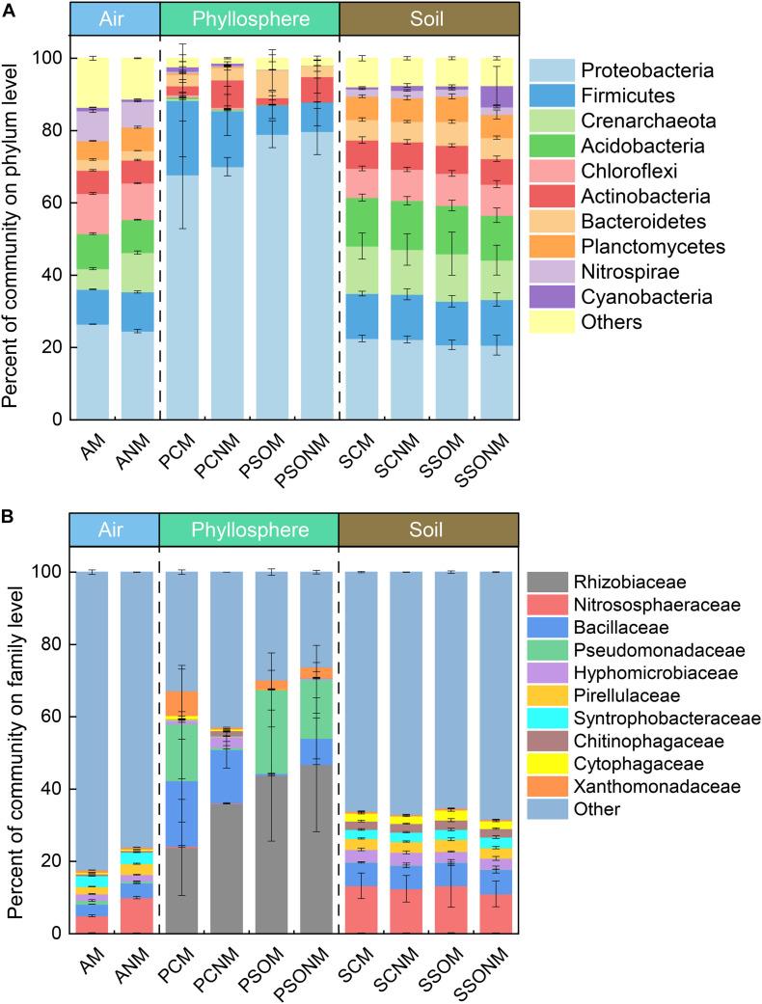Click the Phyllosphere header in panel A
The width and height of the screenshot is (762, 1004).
click(x=248, y=18)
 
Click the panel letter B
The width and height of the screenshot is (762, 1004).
click(x=11, y=517)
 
